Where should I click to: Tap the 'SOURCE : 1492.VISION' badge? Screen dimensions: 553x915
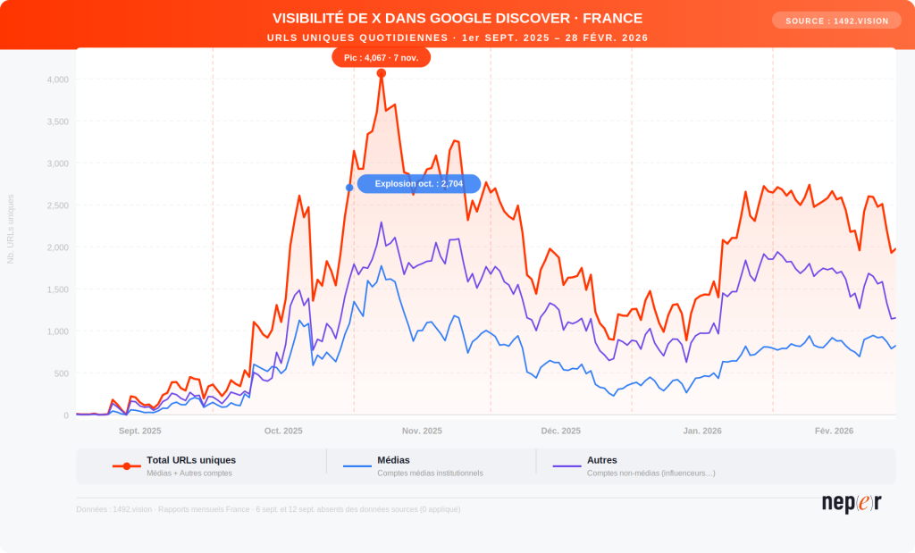click(x=836, y=21)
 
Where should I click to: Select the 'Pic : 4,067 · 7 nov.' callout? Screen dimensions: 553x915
click(x=382, y=57)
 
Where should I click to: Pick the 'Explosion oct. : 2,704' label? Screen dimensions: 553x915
click(x=418, y=184)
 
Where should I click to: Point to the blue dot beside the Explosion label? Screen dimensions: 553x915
click(x=349, y=188)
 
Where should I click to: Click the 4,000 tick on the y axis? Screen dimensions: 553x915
click(x=57, y=80)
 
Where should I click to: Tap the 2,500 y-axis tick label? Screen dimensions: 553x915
click(x=57, y=205)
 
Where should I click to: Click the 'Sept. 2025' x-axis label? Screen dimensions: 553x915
click(x=140, y=431)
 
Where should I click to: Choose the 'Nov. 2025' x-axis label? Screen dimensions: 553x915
click(x=422, y=431)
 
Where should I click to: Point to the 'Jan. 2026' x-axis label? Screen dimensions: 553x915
click(x=703, y=431)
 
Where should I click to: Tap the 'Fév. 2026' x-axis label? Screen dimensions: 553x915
click(x=835, y=431)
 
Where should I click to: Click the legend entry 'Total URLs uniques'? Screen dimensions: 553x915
click(x=191, y=460)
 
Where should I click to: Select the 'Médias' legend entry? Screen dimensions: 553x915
click(x=393, y=460)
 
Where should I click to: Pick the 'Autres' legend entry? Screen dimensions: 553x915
click(x=602, y=460)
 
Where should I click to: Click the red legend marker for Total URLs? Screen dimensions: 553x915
click(x=127, y=466)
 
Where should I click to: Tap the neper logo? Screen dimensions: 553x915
click(x=852, y=503)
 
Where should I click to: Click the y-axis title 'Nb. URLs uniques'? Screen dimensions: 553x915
click(x=11, y=229)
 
